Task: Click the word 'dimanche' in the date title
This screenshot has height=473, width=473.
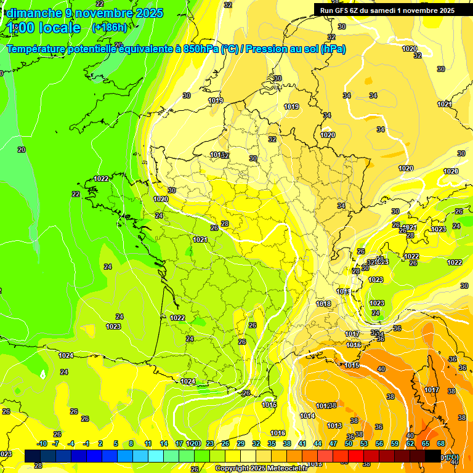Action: (32, 13)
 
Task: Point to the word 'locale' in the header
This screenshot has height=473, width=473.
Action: (59, 28)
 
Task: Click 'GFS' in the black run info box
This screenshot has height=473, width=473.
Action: (344, 10)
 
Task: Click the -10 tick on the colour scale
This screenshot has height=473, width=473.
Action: (41, 443)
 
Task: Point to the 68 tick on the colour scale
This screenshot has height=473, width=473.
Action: (441, 443)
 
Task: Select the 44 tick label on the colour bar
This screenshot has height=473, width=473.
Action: (317, 443)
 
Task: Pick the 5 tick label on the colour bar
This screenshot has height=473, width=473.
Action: (116, 443)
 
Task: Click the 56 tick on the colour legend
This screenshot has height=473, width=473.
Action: (379, 443)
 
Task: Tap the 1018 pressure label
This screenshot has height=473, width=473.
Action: (323, 304)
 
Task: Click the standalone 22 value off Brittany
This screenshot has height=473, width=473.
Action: (76, 194)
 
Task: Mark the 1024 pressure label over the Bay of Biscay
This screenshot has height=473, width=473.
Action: (66, 355)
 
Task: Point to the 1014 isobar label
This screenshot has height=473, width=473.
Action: (307, 416)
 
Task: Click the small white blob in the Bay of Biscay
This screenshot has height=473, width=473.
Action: (42, 374)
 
